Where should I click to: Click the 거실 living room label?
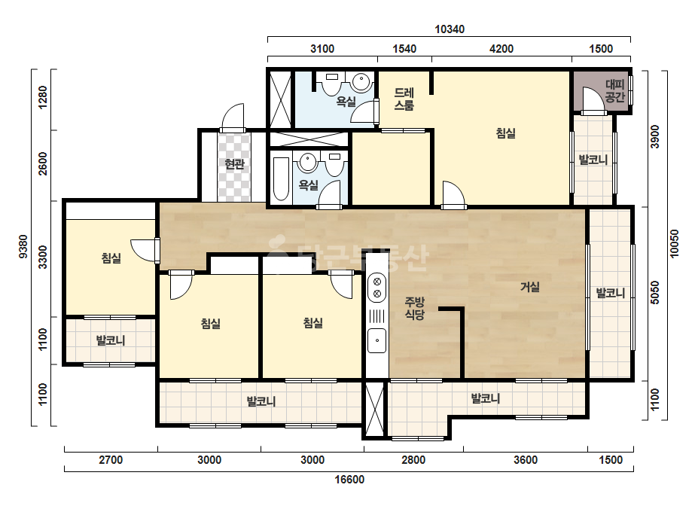529,287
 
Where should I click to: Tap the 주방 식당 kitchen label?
414,308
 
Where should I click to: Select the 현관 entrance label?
234,164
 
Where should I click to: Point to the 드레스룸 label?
404,99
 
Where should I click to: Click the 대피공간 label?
614,91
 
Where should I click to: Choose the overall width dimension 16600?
349,480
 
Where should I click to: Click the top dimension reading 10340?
450,29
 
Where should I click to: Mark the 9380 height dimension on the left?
23,246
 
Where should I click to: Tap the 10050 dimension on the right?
674,243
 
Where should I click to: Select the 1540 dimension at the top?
404,49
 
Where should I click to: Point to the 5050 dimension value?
654,293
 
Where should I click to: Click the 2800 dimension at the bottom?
413,460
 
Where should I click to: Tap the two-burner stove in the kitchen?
377,288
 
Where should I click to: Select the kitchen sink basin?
377,340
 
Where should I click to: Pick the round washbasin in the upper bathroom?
361,82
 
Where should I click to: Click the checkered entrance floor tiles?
234,166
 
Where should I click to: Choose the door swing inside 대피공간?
593,99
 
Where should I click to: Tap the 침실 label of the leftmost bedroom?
111,258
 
